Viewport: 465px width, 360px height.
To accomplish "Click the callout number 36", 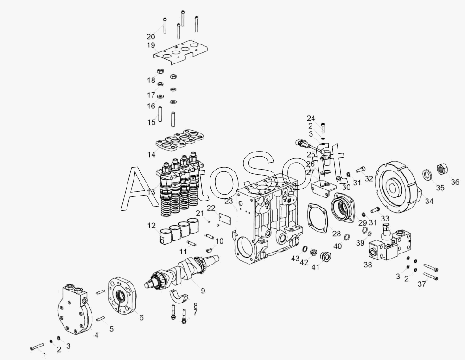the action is pos(455,182).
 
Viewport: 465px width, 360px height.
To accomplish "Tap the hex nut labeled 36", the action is pos(443,169).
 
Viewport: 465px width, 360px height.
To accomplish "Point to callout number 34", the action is pos(429,201).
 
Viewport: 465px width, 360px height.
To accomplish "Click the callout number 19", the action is pos(151,45).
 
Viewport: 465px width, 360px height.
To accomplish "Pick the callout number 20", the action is pos(151,37).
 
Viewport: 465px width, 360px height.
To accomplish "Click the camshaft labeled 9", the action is pos(182,271).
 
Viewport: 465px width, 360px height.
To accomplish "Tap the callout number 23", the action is pos(229,201).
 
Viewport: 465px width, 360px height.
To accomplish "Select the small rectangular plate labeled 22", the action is pos(225,218).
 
